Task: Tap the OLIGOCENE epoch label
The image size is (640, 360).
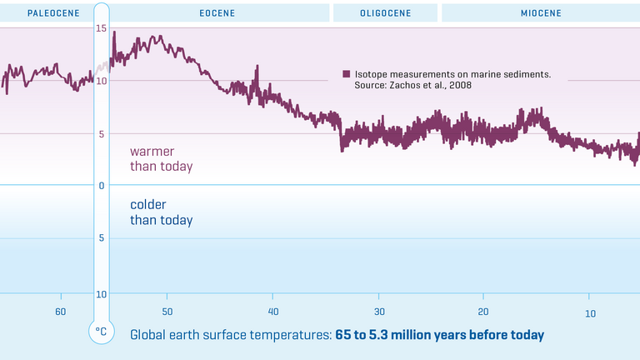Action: [x=384, y=13]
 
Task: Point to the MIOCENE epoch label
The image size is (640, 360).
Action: [x=542, y=13]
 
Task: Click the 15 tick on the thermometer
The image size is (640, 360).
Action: [x=101, y=29]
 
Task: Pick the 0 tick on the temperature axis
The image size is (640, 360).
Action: [x=101, y=186]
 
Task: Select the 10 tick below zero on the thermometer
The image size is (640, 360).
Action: [x=101, y=294]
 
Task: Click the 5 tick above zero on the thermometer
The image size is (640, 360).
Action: [x=101, y=133]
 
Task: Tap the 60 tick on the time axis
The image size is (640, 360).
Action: [x=61, y=312]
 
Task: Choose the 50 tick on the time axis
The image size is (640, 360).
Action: [x=167, y=312]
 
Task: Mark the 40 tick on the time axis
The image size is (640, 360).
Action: [x=272, y=312]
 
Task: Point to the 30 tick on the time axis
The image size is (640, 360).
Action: [x=378, y=312]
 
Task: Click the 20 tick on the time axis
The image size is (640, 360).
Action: [x=483, y=312]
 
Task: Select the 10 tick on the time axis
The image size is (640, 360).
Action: [x=589, y=312]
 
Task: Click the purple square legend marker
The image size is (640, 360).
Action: [x=347, y=74]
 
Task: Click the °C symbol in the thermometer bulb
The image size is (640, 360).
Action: [x=101, y=332]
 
